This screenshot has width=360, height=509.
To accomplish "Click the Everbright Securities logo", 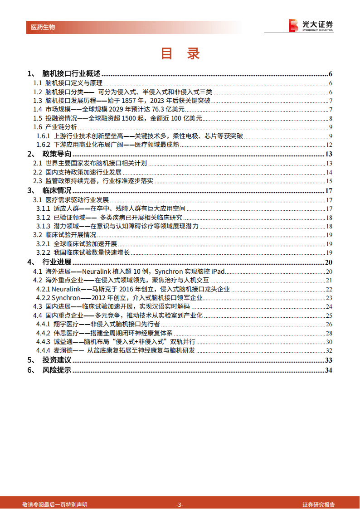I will point(311,25).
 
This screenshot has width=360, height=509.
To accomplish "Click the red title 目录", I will point(180,53).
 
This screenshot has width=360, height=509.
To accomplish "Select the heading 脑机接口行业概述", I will point(71,74).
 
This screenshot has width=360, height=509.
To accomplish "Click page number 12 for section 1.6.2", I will point(330,145).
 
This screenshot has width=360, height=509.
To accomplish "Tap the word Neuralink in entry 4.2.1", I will point(68,289).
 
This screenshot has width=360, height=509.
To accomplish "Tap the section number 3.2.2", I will point(44,252).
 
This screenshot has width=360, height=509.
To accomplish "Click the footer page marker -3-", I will point(180,504).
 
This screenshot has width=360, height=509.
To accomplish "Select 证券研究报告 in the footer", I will point(319,504).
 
